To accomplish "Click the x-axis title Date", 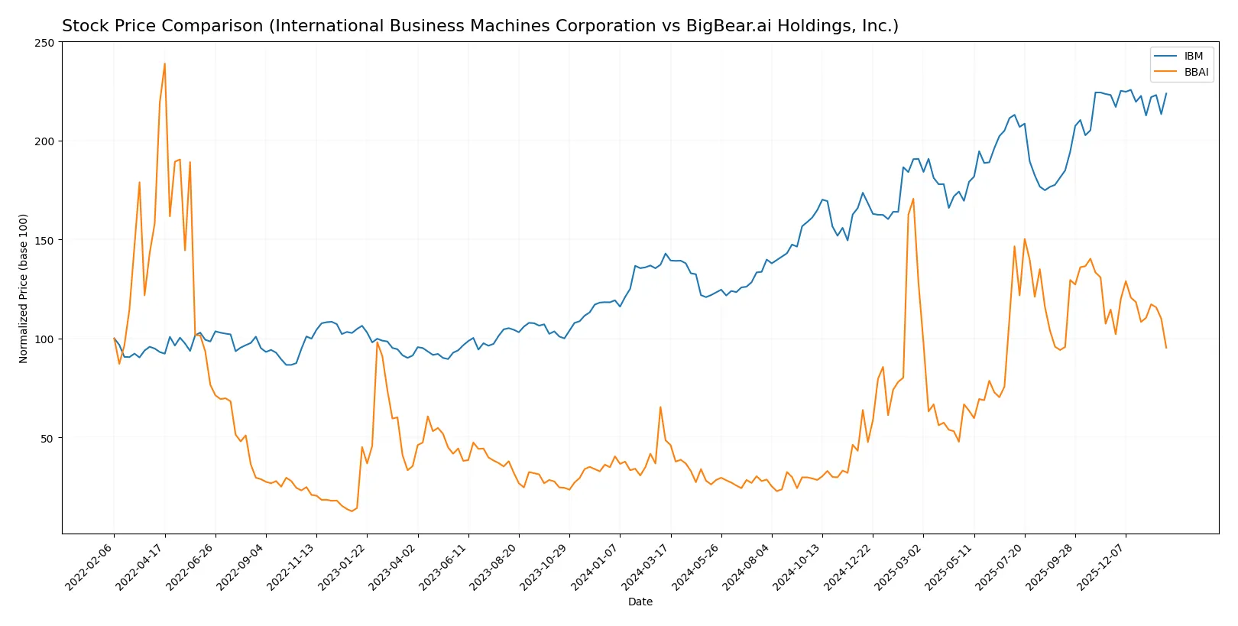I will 640,602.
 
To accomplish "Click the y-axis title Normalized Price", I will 24,288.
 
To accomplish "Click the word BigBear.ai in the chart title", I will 727,26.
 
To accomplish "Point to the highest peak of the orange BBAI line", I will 164,64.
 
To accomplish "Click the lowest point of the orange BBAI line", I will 352,511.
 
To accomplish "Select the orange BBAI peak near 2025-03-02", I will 913,199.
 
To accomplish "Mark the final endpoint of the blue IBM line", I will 1166,93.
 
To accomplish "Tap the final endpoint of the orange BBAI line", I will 1166,348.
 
